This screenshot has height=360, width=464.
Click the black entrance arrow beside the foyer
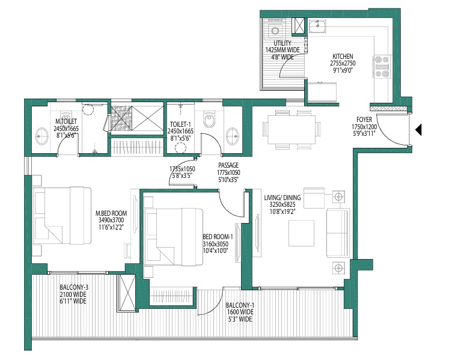pos(418,130)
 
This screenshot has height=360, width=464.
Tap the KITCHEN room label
pos(343,56)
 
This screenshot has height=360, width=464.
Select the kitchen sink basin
pos(317,26)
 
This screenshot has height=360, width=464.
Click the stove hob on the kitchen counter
pos(382,67)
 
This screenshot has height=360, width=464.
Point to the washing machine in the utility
pos(275,30)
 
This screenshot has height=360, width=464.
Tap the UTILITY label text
pos(282,43)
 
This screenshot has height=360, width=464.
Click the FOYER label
pos(364,120)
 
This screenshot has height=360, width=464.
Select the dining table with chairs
pos(292,129)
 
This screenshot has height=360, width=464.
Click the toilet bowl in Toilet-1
pos(209,119)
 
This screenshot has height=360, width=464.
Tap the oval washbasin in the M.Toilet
pos(43,136)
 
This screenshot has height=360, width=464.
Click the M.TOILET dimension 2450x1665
pos(66,129)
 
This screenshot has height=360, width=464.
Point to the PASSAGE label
pos(228,165)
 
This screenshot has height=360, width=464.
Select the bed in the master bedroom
pos(62,215)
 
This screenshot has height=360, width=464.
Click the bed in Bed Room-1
pos(174,237)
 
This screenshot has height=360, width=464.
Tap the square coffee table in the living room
pos(302,233)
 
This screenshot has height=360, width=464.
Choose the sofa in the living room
pos(338,233)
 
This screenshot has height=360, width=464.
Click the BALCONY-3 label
pos(74,287)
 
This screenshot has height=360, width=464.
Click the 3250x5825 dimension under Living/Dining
pos(282,204)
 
